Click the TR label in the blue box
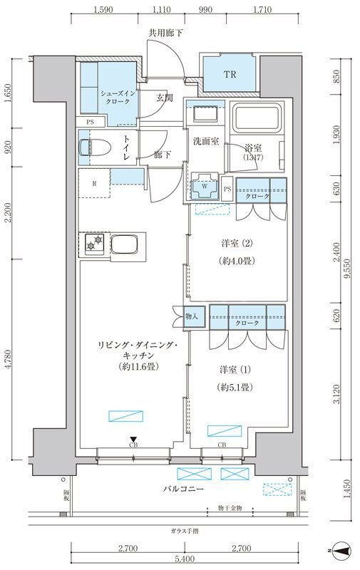point(230,74)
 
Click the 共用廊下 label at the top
point(165,33)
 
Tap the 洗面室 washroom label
point(205,141)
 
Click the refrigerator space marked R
point(94,182)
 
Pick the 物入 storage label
point(192,315)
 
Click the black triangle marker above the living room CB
point(133,440)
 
